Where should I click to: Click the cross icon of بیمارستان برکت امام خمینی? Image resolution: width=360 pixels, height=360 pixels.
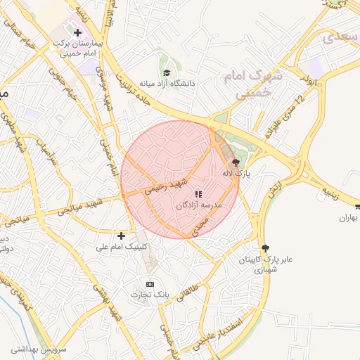point(77,32)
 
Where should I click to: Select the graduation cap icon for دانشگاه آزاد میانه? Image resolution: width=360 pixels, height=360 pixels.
point(167,72)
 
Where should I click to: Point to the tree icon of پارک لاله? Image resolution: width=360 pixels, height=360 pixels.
point(235,162)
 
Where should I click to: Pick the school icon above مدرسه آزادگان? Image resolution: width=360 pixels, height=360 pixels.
point(198,193)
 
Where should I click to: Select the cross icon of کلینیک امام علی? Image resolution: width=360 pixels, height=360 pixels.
point(122,236)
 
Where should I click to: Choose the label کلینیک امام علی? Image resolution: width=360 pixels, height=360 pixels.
point(121,247)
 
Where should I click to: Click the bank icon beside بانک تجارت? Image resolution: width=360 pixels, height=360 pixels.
point(148,283)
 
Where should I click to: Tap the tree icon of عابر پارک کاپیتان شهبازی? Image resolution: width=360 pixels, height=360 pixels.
point(264,247)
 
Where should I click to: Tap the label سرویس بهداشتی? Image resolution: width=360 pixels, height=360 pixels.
point(38,349)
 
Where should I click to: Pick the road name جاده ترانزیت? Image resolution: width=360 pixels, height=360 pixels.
point(139,84)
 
